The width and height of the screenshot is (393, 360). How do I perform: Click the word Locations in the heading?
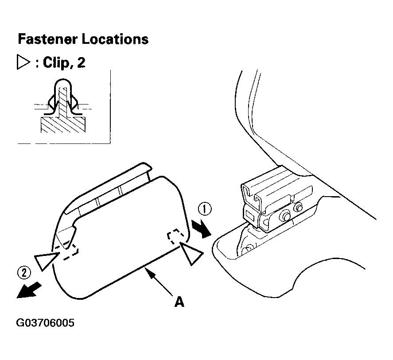[115, 39]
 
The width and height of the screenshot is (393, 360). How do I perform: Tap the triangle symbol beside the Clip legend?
[23, 62]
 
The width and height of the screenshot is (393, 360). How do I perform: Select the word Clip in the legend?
[55, 62]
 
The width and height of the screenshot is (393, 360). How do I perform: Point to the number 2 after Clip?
[81, 62]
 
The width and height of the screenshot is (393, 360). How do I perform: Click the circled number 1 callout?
[205, 209]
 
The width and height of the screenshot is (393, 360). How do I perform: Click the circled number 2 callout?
[24, 273]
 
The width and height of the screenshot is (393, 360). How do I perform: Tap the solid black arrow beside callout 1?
[202, 228]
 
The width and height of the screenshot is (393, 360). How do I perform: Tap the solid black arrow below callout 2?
[29, 290]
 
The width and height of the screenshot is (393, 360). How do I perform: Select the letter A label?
[179, 302]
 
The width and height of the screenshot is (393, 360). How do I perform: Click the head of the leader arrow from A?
[148, 271]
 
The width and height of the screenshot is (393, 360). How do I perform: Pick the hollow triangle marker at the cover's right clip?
[191, 252]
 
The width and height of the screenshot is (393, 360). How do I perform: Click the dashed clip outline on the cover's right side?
[176, 236]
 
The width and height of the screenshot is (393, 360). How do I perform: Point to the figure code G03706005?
[45, 323]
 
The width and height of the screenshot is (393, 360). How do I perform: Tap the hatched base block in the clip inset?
[63, 124]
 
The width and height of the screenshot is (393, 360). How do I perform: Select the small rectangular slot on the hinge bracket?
[250, 215]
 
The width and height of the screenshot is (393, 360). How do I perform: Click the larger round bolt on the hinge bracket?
[285, 215]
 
